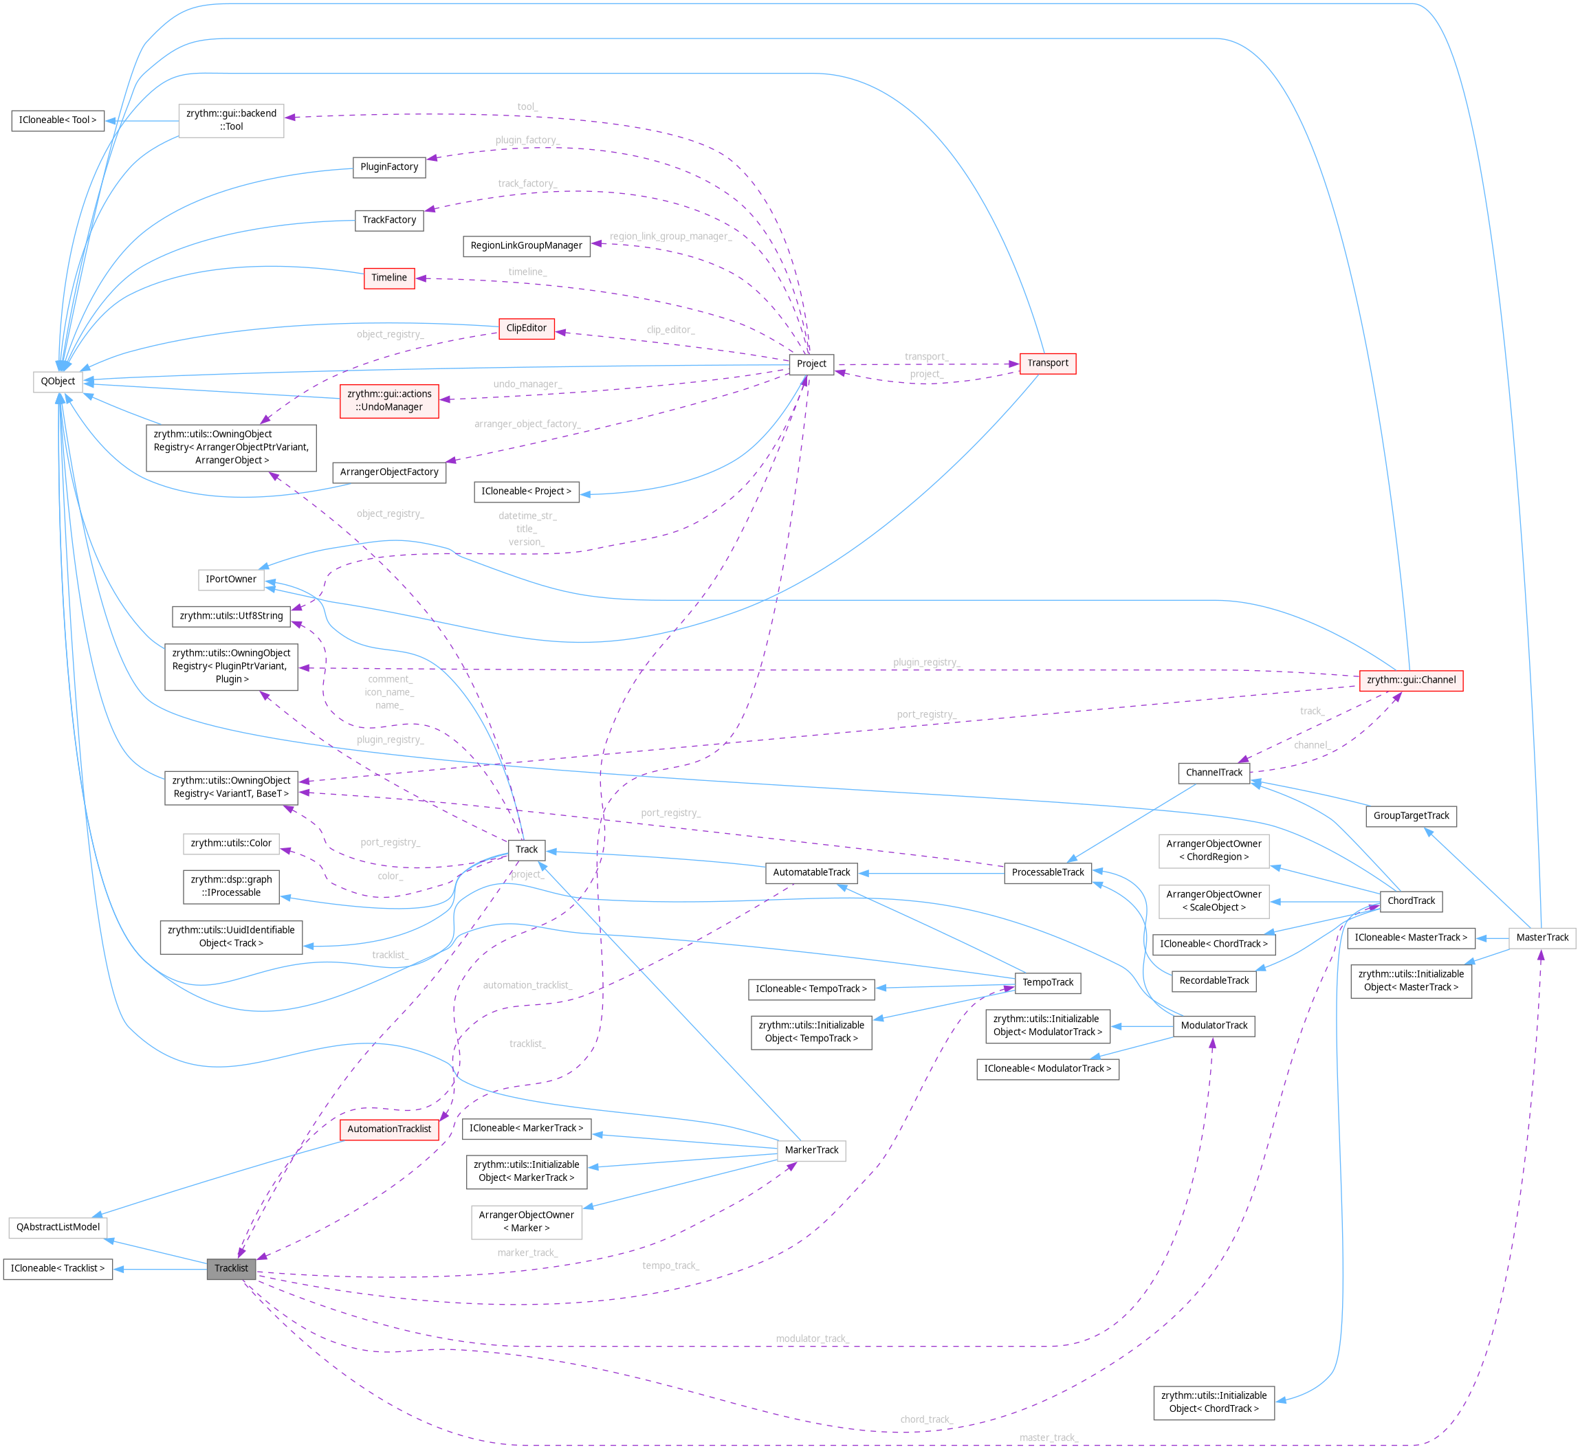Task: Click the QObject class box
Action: click(x=58, y=381)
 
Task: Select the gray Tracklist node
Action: click(x=231, y=1268)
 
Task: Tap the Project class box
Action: click(x=811, y=364)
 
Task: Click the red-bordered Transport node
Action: click(x=1048, y=363)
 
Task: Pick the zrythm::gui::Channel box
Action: click(x=1411, y=680)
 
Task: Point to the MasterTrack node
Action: click(x=1541, y=937)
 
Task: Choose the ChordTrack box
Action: click(x=1411, y=901)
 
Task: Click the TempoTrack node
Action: click(x=1048, y=982)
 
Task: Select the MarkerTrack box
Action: click(x=811, y=1150)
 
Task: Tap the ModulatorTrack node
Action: click(x=1214, y=1026)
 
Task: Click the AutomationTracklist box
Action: click(x=389, y=1129)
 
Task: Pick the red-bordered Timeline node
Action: click(x=389, y=278)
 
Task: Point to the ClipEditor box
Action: click(x=526, y=329)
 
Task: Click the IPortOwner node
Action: click(x=230, y=579)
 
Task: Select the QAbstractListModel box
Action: click(x=58, y=1227)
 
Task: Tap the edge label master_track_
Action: click(x=1049, y=1437)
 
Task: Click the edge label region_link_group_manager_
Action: click(x=670, y=236)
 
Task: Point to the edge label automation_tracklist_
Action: click(x=527, y=985)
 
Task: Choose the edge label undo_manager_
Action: click(x=527, y=384)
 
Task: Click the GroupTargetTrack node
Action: click(x=1411, y=815)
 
